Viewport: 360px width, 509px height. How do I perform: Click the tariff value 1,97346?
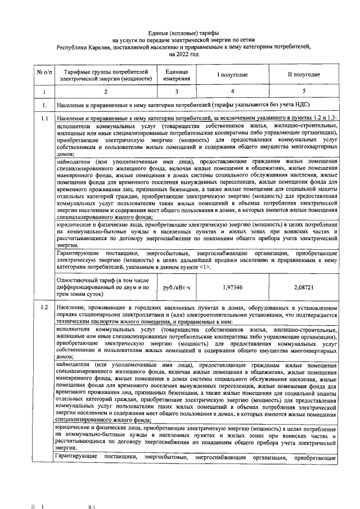pyautogui.click(x=233, y=287)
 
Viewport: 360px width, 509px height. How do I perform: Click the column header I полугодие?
pyautogui.click(x=233, y=75)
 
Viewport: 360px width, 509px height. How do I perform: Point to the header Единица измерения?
pyautogui.click(x=177, y=75)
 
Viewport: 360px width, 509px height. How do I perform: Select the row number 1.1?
pyautogui.click(x=43, y=119)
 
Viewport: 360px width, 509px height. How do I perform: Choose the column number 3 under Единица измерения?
pyautogui.click(x=176, y=91)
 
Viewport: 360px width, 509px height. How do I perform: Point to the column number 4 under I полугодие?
pyautogui.click(x=233, y=91)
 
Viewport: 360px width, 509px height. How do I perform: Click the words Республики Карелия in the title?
pyautogui.click(x=78, y=48)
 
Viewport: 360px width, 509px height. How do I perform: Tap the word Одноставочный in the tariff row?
pyautogui.click(x=76, y=280)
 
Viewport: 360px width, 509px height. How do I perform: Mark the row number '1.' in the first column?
pyautogui.click(x=43, y=105)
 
